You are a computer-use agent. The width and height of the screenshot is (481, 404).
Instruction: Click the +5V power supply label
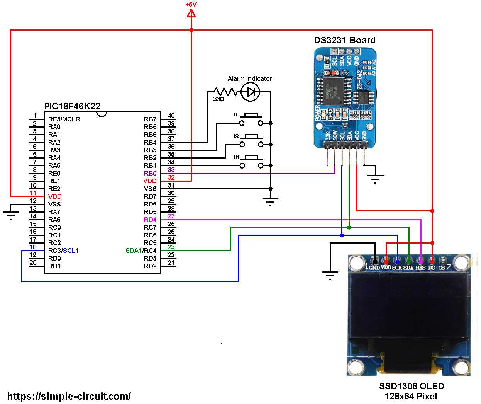point(191,4)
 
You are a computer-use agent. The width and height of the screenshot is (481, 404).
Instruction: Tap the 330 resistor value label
point(218,99)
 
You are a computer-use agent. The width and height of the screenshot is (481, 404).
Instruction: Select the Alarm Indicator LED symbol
point(250,92)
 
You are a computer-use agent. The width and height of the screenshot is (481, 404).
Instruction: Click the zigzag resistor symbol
point(225,92)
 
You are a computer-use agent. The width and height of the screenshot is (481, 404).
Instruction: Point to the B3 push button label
point(237,115)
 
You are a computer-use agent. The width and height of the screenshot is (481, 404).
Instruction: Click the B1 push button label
point(237,157)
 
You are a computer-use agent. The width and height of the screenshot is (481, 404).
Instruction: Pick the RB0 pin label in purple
point(150,173)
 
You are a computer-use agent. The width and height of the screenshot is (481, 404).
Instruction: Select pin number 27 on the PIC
point(171,216)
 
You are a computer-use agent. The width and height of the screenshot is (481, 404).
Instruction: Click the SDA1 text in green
point(134,251)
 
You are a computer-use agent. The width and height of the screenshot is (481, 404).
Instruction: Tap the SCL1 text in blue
point(71,251)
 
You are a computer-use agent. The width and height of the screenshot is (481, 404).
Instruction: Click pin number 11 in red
point(33,193)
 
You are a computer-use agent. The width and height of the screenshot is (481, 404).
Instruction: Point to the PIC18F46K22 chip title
point(72,106)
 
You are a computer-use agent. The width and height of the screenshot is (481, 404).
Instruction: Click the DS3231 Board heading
point(344,40)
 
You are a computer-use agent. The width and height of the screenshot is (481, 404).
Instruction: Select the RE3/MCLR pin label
point(64,119)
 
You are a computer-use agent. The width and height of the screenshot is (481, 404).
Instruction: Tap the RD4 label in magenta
point(150,220)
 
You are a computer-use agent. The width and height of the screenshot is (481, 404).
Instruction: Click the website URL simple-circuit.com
point(69,396)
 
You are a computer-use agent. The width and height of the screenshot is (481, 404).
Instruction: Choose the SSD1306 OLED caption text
point(411,386)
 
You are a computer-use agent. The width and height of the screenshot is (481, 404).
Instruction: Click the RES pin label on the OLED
point(420,268)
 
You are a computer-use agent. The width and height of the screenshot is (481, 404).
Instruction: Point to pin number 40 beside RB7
point(171,116)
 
